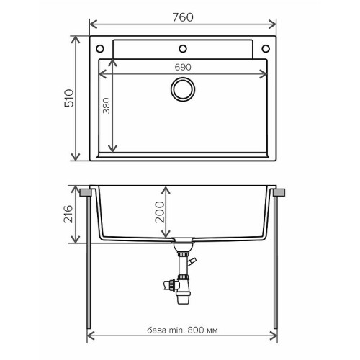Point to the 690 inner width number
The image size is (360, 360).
click(x=182, y=67)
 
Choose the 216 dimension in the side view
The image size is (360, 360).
click(x=68, y=215)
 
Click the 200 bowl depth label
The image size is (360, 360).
click(x=160, y=212)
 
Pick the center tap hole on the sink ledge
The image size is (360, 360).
click(x=182, y=49)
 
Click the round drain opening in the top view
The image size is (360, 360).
click(x=182, y=91)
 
